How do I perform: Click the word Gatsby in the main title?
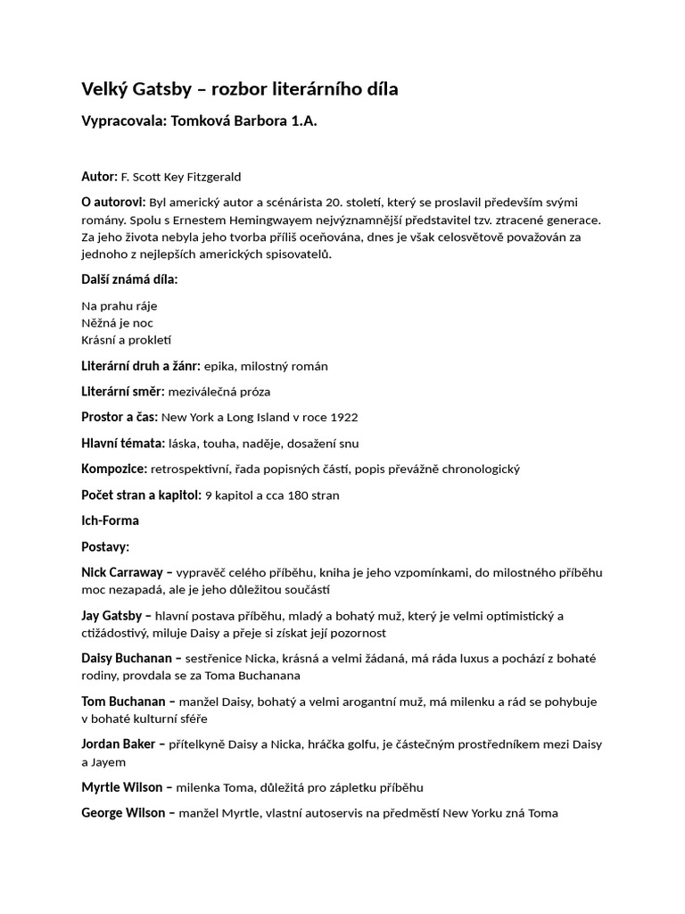click(x=166, y=89)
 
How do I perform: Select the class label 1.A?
click(x=304, y=121)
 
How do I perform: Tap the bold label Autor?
click(x=99, y=177)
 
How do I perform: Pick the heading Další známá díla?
click(x=129, y=279)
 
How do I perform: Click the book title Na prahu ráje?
click(x=120, y=306)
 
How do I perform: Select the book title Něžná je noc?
click(x=117, y=323)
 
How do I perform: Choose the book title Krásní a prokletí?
click(x=126, y=340)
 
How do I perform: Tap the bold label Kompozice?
click(x=114, y=469)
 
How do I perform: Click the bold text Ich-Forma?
click(x=110, y=520)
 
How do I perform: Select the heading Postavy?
click(x=105, y=546)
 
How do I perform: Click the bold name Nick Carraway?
click(x=122, y=572)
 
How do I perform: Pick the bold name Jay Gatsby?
click(x=111, y=616)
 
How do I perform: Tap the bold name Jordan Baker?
click(x=118, y=744)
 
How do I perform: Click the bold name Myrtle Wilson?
click(x=121, y=787)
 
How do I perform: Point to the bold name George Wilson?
click(x=122, y=813)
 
